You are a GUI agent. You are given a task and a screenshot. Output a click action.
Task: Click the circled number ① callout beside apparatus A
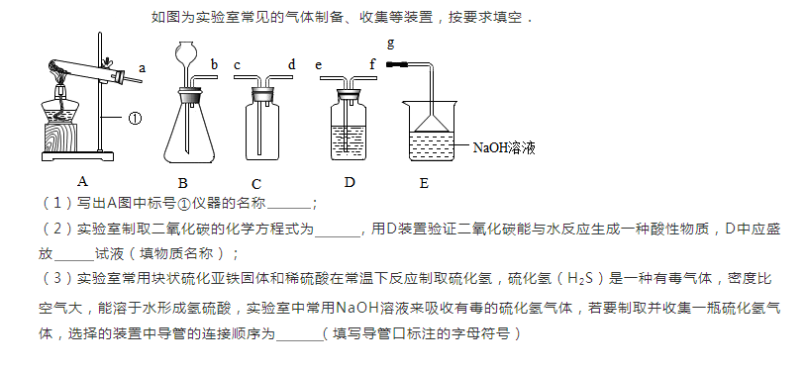point(135,119)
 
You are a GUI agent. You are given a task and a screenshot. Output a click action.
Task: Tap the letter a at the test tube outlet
point(143,67)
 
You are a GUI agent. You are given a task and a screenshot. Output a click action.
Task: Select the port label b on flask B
point(215,64)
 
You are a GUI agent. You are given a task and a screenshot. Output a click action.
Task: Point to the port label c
point(237,65)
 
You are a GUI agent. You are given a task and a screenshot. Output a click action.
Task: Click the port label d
point(292,64)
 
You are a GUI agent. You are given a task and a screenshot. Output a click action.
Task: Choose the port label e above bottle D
point(319,65)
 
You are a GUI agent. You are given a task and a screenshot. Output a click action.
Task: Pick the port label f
point(372,64)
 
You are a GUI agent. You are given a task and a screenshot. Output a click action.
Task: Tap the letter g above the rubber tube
point(391,44)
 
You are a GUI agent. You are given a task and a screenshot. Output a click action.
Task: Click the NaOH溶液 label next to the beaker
point(504,147)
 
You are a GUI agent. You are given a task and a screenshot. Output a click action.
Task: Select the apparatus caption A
point(82,181)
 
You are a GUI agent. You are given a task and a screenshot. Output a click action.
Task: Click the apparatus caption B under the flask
point(183,183)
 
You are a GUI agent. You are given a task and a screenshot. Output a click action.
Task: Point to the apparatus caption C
point(256,184)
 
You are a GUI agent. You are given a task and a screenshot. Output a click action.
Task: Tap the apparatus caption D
point(350,182)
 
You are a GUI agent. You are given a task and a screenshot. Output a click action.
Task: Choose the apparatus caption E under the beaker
point(424,183)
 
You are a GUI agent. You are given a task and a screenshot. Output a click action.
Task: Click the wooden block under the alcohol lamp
point(61,137)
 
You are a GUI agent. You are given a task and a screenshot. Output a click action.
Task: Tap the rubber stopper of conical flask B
point(190,94)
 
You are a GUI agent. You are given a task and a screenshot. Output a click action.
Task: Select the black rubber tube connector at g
point(397,64)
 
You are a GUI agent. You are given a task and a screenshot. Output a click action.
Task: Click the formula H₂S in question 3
point(580,280)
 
